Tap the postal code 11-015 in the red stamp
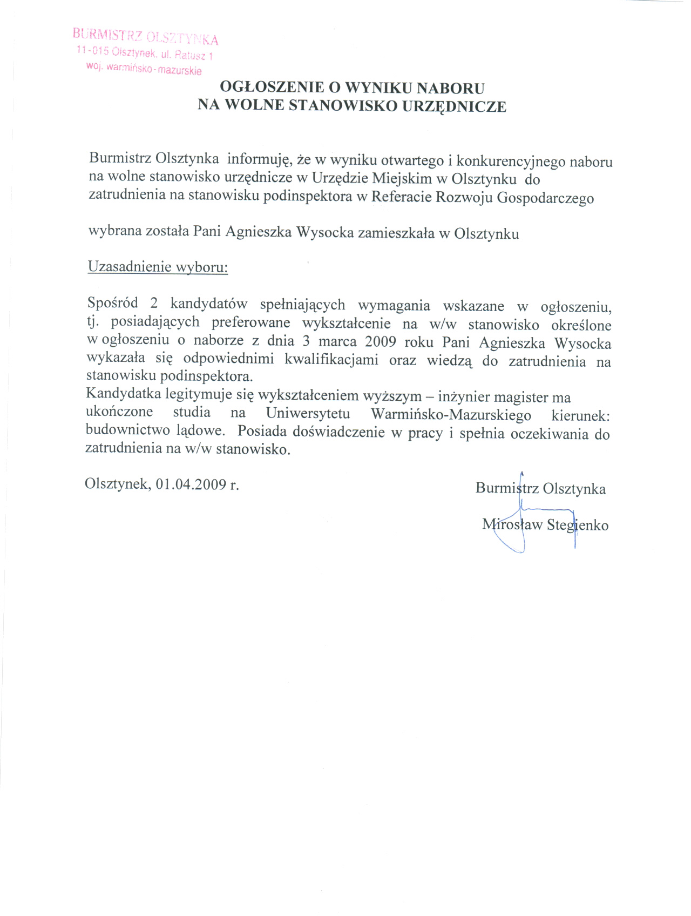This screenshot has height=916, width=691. tap(93, 51)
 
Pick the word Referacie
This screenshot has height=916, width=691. tap(398, 197)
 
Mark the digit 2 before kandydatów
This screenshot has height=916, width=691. tap(154, 304)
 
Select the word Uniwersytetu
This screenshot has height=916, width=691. tap(308, 414)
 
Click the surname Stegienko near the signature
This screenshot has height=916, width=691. tap(578, 525)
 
